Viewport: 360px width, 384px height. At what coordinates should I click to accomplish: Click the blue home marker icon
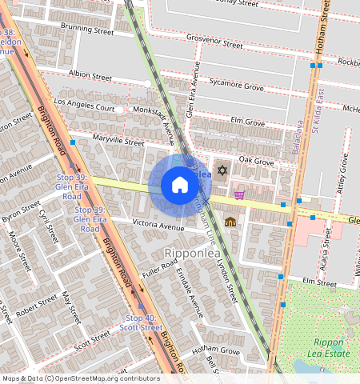pyautogui.click(x=180, y=186)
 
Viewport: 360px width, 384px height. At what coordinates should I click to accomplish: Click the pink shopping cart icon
pyautogui.click(x=239, y=194)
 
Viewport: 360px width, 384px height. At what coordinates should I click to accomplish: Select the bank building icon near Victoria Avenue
pyautogui.click(x=230, y=222)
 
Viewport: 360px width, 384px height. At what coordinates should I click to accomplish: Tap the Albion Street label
pyautogui.click(x=90, y=75)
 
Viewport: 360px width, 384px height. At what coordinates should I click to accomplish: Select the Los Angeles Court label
pyautogui.click(x=84, y=104)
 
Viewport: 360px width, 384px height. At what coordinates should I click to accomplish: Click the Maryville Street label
pyautogui.click(x=118, y=140)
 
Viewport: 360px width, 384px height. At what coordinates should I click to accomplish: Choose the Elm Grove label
pyautogui.click(x=247, y=122)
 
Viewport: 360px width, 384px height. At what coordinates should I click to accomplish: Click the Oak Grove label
pyautogui.click(x=256, y=162)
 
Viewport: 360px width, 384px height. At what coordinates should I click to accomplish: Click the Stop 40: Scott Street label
pyautogui.click(x=141, y=322)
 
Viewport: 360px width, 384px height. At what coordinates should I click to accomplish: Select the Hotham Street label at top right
pyautogui.click(x=325, y=28)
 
